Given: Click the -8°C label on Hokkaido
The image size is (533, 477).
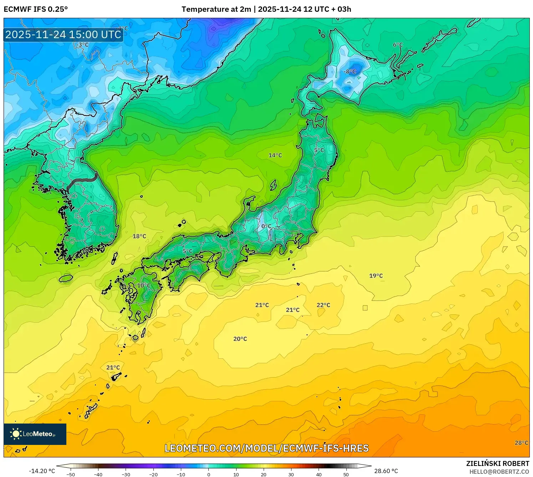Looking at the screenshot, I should pos(350,72).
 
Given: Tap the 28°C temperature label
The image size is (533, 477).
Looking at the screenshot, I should pos(521,443).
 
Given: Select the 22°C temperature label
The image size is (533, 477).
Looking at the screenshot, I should pos(323,305).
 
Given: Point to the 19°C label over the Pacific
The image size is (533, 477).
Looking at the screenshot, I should pos(376,276).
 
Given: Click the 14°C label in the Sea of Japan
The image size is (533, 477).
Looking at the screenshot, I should pos(275,155).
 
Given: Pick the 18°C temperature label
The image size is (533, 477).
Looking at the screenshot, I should pos(139,236).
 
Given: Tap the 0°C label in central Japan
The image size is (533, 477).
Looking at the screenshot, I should pos(266,226).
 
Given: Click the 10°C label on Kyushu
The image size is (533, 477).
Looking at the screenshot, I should pos(144,286).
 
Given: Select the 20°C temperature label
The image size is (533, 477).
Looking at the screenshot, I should pos(240,339).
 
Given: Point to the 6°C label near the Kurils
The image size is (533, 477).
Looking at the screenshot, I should pos(398,45).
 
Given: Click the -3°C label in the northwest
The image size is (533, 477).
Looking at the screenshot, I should pos(82,45).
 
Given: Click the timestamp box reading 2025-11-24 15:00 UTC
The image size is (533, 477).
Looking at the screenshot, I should pos(64,35).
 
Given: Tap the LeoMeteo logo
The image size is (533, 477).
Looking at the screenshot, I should pos(35,434).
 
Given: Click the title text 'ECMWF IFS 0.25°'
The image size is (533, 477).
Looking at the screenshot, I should pos(36,9).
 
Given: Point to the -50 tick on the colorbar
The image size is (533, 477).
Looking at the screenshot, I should pos(71,475).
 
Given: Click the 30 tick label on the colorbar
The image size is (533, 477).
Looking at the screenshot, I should pos(291,475).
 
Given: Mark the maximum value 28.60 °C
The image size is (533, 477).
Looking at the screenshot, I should pos(386,471).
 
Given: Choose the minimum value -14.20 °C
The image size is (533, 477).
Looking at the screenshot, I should pos(42,471).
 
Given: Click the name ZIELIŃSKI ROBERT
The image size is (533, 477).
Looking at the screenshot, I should pos(498,463).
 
